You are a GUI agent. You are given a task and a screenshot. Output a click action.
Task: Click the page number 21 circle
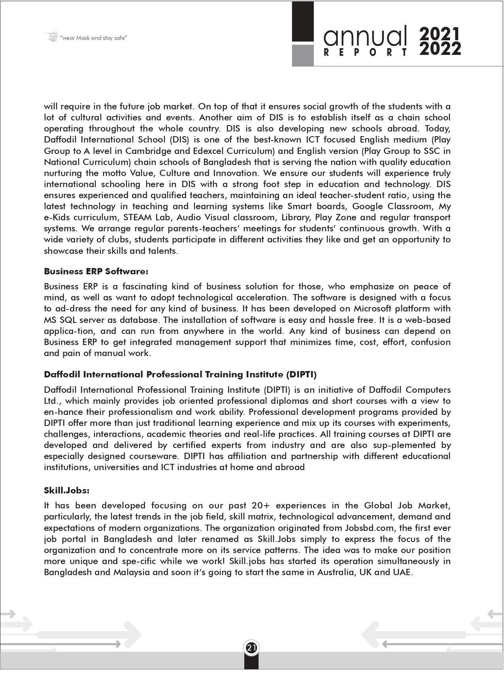(x=251, y=648)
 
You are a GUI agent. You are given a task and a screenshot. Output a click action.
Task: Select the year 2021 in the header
(x=440, y=34)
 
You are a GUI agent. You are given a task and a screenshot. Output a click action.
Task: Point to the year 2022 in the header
(x=440, y=49)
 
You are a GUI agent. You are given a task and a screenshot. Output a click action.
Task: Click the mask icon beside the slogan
(x=52, y=37)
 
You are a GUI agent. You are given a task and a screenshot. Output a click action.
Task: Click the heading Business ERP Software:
(x=96, y=271)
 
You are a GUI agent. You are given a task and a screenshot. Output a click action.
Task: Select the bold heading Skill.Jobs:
(x=66, y=490)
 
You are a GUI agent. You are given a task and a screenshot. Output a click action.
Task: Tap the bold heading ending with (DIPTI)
(x=180, y=374)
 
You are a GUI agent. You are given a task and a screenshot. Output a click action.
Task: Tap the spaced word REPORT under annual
(x=365, y=52)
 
